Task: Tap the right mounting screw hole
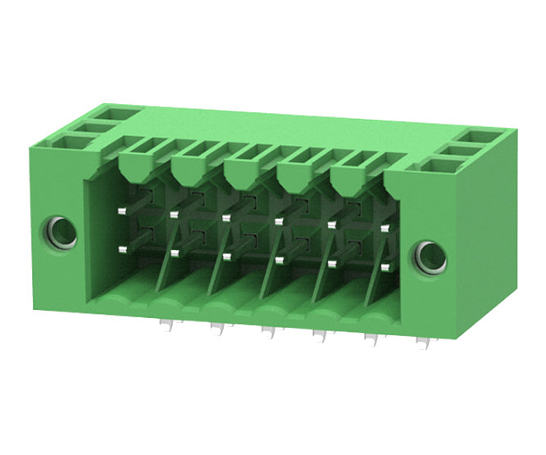coord(430,258)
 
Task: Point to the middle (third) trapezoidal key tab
coord(243,174)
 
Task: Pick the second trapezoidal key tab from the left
coord(189,171)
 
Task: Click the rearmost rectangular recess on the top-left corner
coord(110,113)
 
